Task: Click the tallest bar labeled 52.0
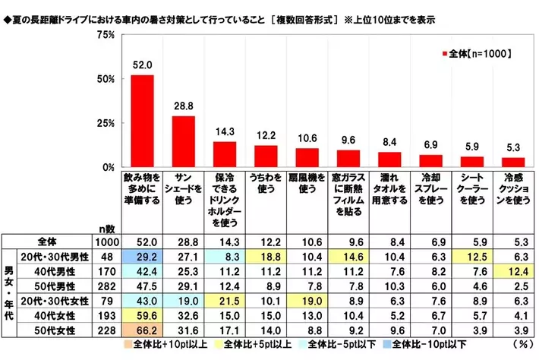click(143, 121)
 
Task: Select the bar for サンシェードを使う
click(184, 141)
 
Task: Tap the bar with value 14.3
click(225, 154)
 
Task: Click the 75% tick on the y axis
click(105, 36)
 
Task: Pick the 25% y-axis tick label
click(105, 123)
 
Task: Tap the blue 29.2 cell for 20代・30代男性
click(143, 257)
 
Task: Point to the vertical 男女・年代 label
click(9, 292)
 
